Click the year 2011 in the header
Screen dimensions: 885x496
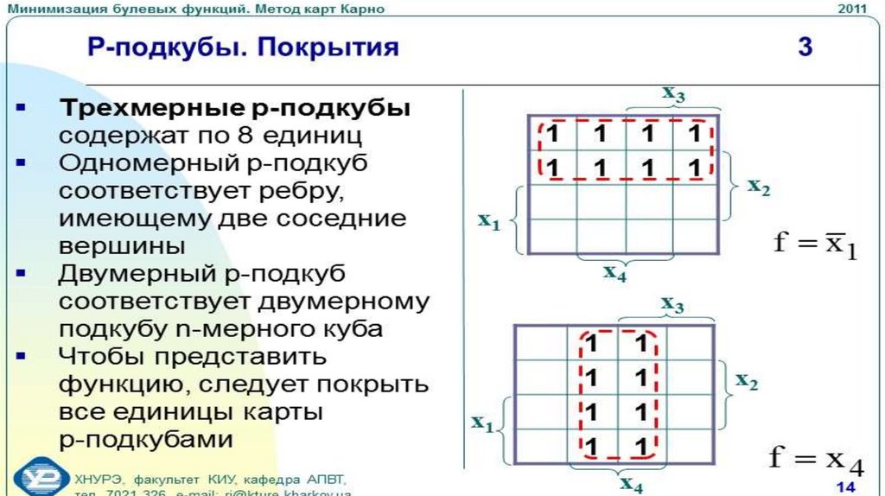[853, 9]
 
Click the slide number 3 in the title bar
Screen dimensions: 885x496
[805, 46]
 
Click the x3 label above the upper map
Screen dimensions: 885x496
[674, 94]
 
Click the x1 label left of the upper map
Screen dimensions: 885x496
[489, 221]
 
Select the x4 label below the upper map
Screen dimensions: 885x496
[614, 273]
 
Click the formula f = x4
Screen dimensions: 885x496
[815, 459]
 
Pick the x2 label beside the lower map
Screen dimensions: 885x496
[747, 380]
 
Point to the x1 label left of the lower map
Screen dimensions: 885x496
[481, 423]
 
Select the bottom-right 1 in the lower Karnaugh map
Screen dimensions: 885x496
[640, 447]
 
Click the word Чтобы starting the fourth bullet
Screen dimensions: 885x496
[93, 356]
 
